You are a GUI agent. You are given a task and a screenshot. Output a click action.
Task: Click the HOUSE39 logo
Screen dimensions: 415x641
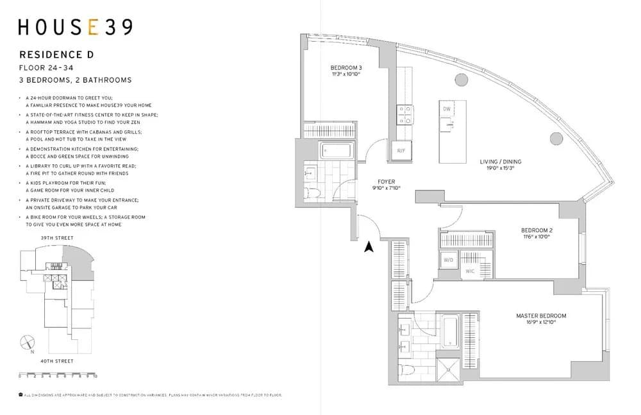pyautogui.click(x=76, y=28)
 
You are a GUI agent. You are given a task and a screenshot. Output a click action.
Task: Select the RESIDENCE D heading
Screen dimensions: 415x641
pyautogui.click(x=56, y=55)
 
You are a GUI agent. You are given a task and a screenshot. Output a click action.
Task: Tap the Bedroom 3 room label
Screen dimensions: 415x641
pyautogui.click(x=346, y=68)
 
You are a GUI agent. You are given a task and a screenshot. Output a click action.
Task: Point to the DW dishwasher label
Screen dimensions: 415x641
pyautogui.click(x=446, y=110)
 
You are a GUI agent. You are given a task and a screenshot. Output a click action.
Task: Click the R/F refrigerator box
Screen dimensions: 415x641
pyautogui.click(x=401, y=151)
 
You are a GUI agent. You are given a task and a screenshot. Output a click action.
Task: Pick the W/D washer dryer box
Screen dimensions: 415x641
pyautogui.click(x=447, y=260)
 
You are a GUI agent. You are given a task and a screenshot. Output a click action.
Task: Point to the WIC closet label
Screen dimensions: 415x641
pyautogui.click(x=470, y=271)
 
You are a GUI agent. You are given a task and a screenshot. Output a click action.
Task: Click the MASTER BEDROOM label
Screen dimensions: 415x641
pyautogui.click(x=541, y=316)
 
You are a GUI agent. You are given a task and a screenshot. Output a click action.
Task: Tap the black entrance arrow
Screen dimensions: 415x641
pyautogui.click(x=369, y=248)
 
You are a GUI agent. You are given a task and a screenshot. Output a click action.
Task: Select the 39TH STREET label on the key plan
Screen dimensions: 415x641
pyautogui.click(x=56, y=238)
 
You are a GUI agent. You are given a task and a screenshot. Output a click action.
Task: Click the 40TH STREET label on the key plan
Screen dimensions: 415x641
pyautogui.click(x=56, y=361)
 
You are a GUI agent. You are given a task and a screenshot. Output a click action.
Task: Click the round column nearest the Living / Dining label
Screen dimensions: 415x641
pyautogui.click(x=556, y=137)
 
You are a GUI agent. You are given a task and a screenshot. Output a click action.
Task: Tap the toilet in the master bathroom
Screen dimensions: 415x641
pyautogui.click(x=404, y=371)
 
